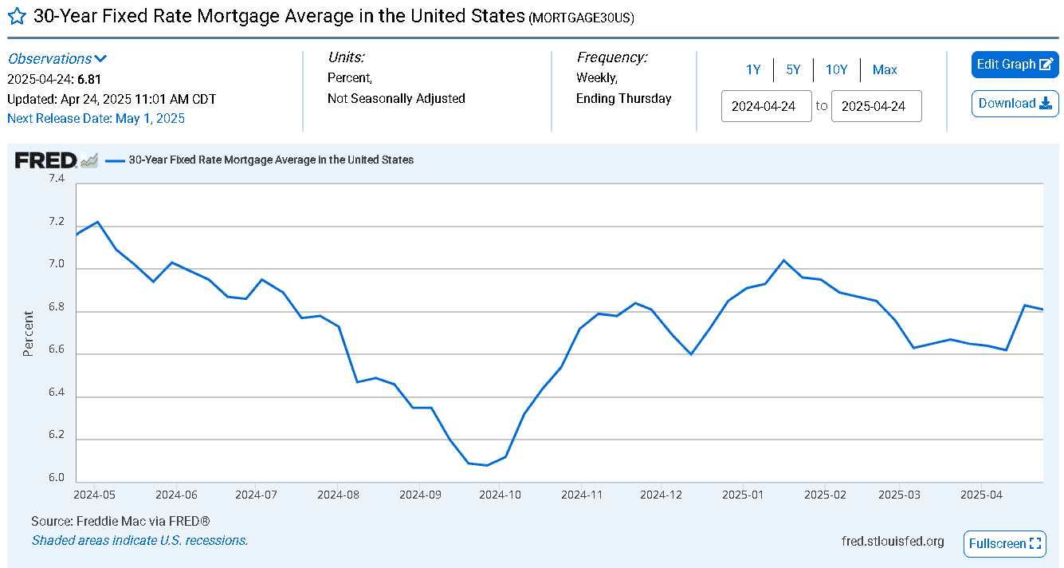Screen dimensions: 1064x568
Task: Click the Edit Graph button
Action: pyautogui.click(x=1015, y=64)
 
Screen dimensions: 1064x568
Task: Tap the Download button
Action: pyautogui.click(x=1015, y=104)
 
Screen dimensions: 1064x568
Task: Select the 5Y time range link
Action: pyautogui.click(x=793, y=70)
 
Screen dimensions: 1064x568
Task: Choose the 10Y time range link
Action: pyautogui.click(x=837, y=70)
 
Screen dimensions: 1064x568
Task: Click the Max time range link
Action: pyautogui.click(x=885, y=70)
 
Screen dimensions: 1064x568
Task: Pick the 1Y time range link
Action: pyautogui.click(x=753, y=70)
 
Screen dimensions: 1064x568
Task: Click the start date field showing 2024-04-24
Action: pyautogui.click(x=766, y=106)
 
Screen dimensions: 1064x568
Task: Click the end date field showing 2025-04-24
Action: pyautogui.click(x=877, y=106)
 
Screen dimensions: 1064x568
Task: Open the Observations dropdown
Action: pyautogui.click(x=57, y=59)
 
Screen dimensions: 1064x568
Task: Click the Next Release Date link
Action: pyautogui.click(x=96, y=118)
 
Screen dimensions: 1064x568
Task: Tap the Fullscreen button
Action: pyautogui.click(x=1005, y=544)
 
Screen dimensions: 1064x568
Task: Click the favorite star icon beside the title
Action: pyautogui.click(x=17, y=17)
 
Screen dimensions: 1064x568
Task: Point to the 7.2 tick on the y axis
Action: pyautogui.click(x=57, y=222)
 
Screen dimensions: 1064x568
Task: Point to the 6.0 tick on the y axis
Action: pyautogui.click(x=57, y=478)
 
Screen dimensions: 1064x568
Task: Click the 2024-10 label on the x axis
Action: pyautogui.click(x=500, y=495)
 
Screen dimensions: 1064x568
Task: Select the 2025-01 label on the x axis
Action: pyautogui.click(x=743, y=495)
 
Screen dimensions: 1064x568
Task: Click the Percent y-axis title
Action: pyautogui.click(x=28, y=333)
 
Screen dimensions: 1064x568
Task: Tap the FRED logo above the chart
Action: pyautogui.click(x=46, y=160)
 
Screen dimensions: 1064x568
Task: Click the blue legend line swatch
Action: pyautogui.click(x=115, y=160)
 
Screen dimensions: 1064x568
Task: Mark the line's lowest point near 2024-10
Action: pyautogui.click(x=487, y=465)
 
